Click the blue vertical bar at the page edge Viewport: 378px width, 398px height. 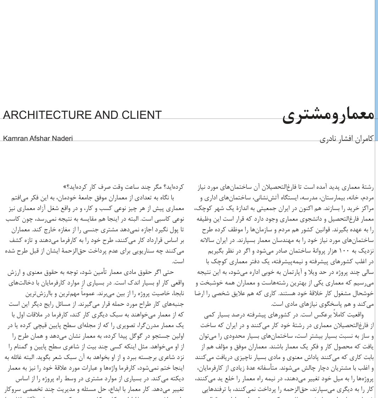click(x=376, y=71)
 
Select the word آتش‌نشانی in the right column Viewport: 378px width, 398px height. click(x=265, y=197)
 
